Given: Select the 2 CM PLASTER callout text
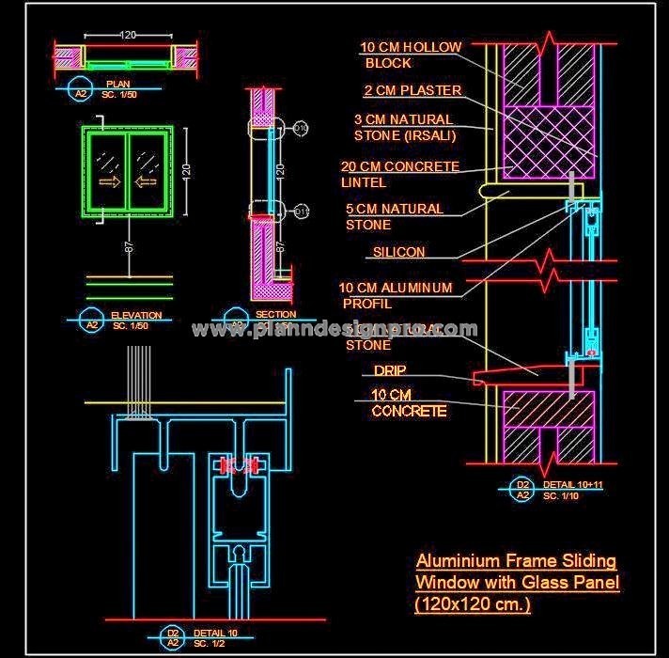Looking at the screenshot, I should click(412, 91).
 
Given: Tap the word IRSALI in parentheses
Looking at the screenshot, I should click(432, 135).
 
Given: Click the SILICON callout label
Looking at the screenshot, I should click(398, 252).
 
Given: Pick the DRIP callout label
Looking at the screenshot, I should click(389, 371).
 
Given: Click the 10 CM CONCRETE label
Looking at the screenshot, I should click(409, 402).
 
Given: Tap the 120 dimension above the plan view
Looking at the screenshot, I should click(128, 35).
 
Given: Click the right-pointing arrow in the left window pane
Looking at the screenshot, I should click(110, 181).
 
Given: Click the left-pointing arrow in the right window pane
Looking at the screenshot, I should click(147, 181).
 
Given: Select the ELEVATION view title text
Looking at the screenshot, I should click(136, 316).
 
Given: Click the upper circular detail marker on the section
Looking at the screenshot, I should click(301, 127).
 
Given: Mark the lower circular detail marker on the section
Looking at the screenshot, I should click(301, 211).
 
